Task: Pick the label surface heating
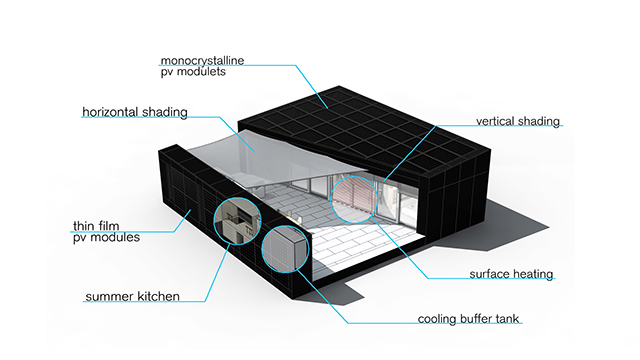click(510, 273)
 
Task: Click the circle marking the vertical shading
click(356, 194)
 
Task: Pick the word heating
click(532, 273)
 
